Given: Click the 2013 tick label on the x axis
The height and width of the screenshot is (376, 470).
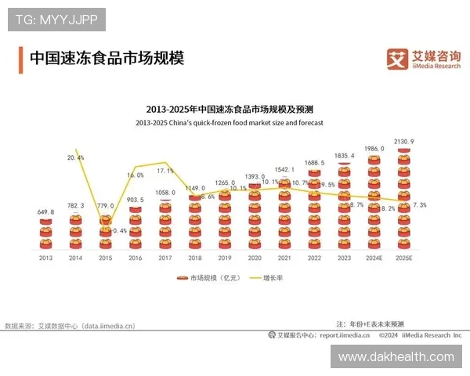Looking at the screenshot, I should click(x=45, y=257).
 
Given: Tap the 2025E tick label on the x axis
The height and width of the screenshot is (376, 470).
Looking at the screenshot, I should click(x=404, y=257).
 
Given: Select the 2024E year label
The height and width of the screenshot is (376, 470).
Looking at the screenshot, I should click(x=374, y=257).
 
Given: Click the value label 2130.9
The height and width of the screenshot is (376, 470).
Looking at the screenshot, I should click(x=404, y=141).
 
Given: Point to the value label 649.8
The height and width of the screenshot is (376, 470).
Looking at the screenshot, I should click(x=45, y=211).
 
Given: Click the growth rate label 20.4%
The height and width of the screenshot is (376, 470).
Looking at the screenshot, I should click(x=76, y=157).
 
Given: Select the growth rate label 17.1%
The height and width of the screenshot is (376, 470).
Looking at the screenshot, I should click(x=165, y=170).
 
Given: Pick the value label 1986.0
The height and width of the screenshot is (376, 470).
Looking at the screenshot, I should click(x=374, y=148).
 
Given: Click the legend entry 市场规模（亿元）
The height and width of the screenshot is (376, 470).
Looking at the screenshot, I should click(x=204, y=277).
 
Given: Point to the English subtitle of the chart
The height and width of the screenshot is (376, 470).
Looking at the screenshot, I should click(x=229, y=123).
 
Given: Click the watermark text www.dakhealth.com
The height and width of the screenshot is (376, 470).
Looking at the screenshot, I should click(x=396, y=356).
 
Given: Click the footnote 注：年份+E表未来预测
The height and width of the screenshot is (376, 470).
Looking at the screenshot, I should click(x=370, y=324).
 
